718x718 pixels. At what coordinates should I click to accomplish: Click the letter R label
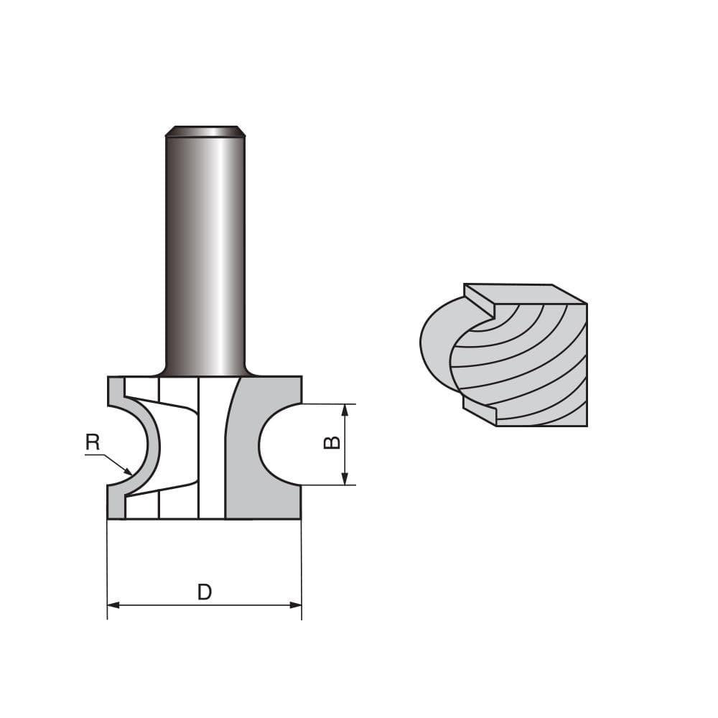click(x=93, y=442)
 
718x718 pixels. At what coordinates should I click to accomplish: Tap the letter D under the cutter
click(x=205, y=592)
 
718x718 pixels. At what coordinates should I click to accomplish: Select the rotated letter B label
click(x=332, y=443)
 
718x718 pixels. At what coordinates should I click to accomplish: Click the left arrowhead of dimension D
click(x=113, y=605)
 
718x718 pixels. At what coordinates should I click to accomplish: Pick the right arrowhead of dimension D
click(x=296, y=605)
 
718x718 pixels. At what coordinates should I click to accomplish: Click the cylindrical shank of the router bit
click(x=205, y=251)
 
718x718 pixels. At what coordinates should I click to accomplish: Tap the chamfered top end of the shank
click(x=205, y=131)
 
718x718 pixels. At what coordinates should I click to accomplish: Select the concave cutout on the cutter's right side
click(x=276, y=444)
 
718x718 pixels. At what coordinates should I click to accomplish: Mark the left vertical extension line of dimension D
click(x=107, y=567)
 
